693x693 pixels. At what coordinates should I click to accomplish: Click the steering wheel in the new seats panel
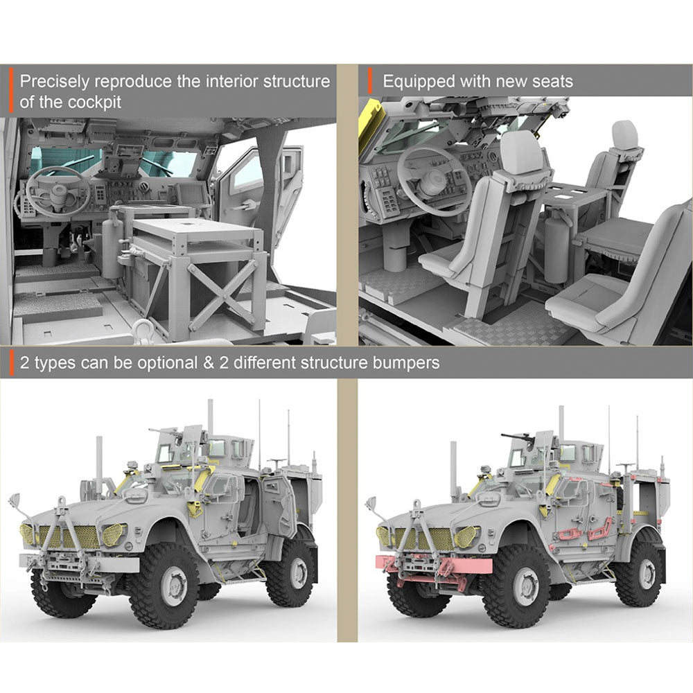[434, 180]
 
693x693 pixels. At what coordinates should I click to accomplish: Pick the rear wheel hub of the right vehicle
[647, 574]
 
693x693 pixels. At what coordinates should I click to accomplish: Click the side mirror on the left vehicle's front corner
[14, 500]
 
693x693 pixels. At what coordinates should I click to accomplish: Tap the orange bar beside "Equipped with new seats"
[370, 81]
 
